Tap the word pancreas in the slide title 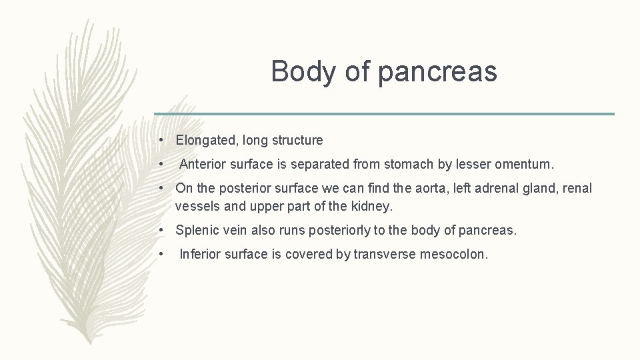click(437, 72)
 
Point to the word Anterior click(205, 163)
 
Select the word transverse click(385, 254)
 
